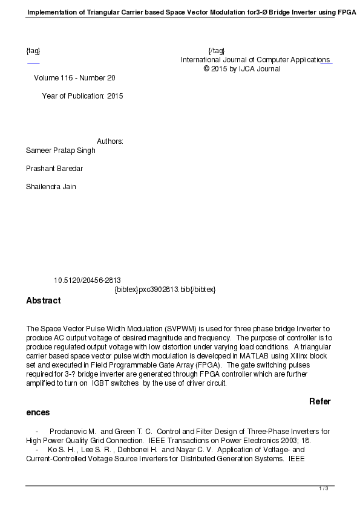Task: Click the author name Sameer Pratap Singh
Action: click(x=61, y=151)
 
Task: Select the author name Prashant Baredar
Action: click(x=54, y=169)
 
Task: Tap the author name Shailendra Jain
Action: click(x=51, y=187)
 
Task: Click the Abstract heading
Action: click(x=43, y=300)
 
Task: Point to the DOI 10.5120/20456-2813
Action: click(x=87, y=280)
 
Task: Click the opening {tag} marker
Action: click(x=33, y=50)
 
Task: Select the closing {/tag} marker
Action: click(x=216, y=50)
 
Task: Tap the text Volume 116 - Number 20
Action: click(x=74, y=78)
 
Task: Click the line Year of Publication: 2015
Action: click(x=82, y=96)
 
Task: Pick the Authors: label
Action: click(x=110, y=141)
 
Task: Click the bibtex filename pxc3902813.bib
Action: click(x=165, y=290)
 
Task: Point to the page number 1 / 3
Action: click(x=324, y=488)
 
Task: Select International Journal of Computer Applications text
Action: click(x=255, y=60)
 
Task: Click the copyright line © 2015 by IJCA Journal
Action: click(x=242, y=69)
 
